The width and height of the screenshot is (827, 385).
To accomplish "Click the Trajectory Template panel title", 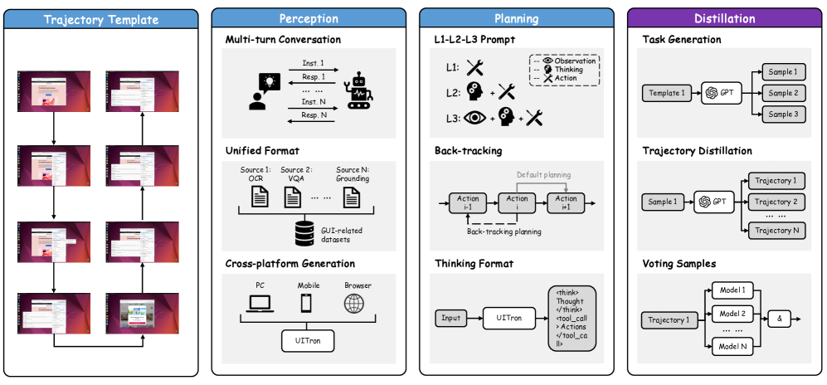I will pyautogui.click(x=101, y=18).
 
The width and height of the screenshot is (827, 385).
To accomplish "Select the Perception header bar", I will pyautogui.click(x=309, y=18).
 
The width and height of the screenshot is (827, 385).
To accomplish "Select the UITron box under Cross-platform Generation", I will pyautogui.click(x=309, y=340).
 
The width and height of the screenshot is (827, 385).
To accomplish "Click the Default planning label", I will pyautogui.click(x=543, y=175).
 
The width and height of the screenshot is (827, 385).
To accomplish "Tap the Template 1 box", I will pyautogui.click(x=666, y=93).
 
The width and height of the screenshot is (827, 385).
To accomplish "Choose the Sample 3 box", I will pyautogui.click(x=781, y=115).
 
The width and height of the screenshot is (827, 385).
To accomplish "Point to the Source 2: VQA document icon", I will pyautogui.click(x=293, y=197).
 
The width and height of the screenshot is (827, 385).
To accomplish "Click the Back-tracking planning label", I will pyautogui.click(x=505, y=231).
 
